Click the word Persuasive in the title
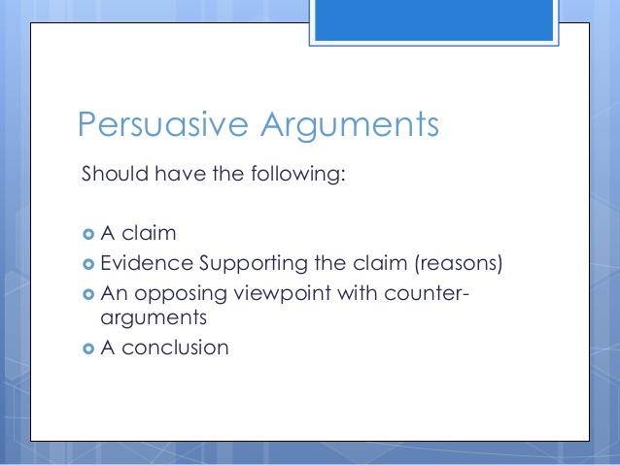(163, 124)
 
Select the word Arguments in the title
(350, 126)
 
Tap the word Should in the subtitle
(115, 174)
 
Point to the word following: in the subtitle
(298, 174)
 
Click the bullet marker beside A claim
(88, 234)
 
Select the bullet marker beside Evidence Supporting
(88, 264)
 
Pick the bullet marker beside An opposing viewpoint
(88, 294)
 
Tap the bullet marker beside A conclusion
(88, 349)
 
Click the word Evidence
(147, 263)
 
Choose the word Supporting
(254, 264)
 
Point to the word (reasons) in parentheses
(459, 263)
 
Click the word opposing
(181, 294)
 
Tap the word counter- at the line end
(427, 293)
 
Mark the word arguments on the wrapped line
(154, 318)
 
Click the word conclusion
(175, 348)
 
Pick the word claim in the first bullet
(149, 233)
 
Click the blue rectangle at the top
(433, 19)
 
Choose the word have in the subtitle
(180, 174)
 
